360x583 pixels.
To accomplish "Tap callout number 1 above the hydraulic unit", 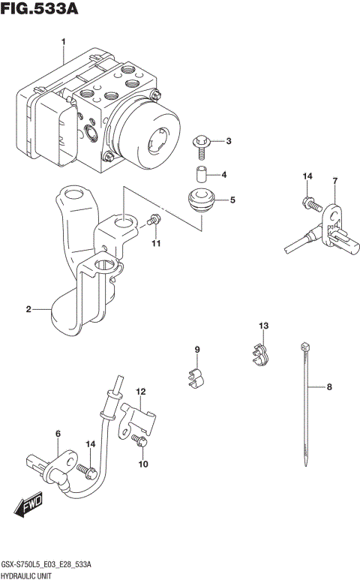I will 64,41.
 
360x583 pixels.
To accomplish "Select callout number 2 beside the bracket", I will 28,309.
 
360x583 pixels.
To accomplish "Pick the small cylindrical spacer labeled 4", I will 199,176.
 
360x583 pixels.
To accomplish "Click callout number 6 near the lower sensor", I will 57,434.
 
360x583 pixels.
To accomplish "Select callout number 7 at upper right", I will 335,181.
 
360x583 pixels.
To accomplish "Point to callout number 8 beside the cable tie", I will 328,387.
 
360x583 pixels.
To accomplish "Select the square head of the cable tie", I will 304,346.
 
